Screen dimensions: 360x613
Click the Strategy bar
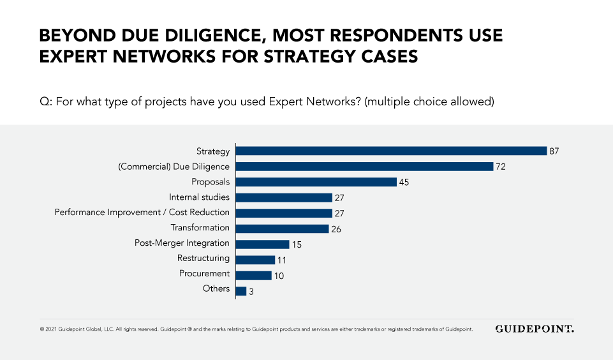[392, 151]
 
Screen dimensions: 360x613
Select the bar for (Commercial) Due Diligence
[365, 167]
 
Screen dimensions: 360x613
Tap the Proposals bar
[316, 182]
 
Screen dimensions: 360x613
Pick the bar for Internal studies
[284, 197]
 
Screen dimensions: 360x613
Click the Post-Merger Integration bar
[262, 244]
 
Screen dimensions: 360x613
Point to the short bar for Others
[241, 290]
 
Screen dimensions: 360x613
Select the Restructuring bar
[255, 259]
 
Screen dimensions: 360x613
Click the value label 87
[554, 152]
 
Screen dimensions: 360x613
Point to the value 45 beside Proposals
[403, 183]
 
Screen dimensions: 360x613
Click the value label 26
[336, 229]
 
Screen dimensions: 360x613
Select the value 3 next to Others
[252, 291]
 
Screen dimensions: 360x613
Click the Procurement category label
[204, 274]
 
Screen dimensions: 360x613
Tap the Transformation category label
[200, 228]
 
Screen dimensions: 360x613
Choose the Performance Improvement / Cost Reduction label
[142, 213]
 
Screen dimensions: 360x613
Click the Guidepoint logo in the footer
[535, 329]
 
